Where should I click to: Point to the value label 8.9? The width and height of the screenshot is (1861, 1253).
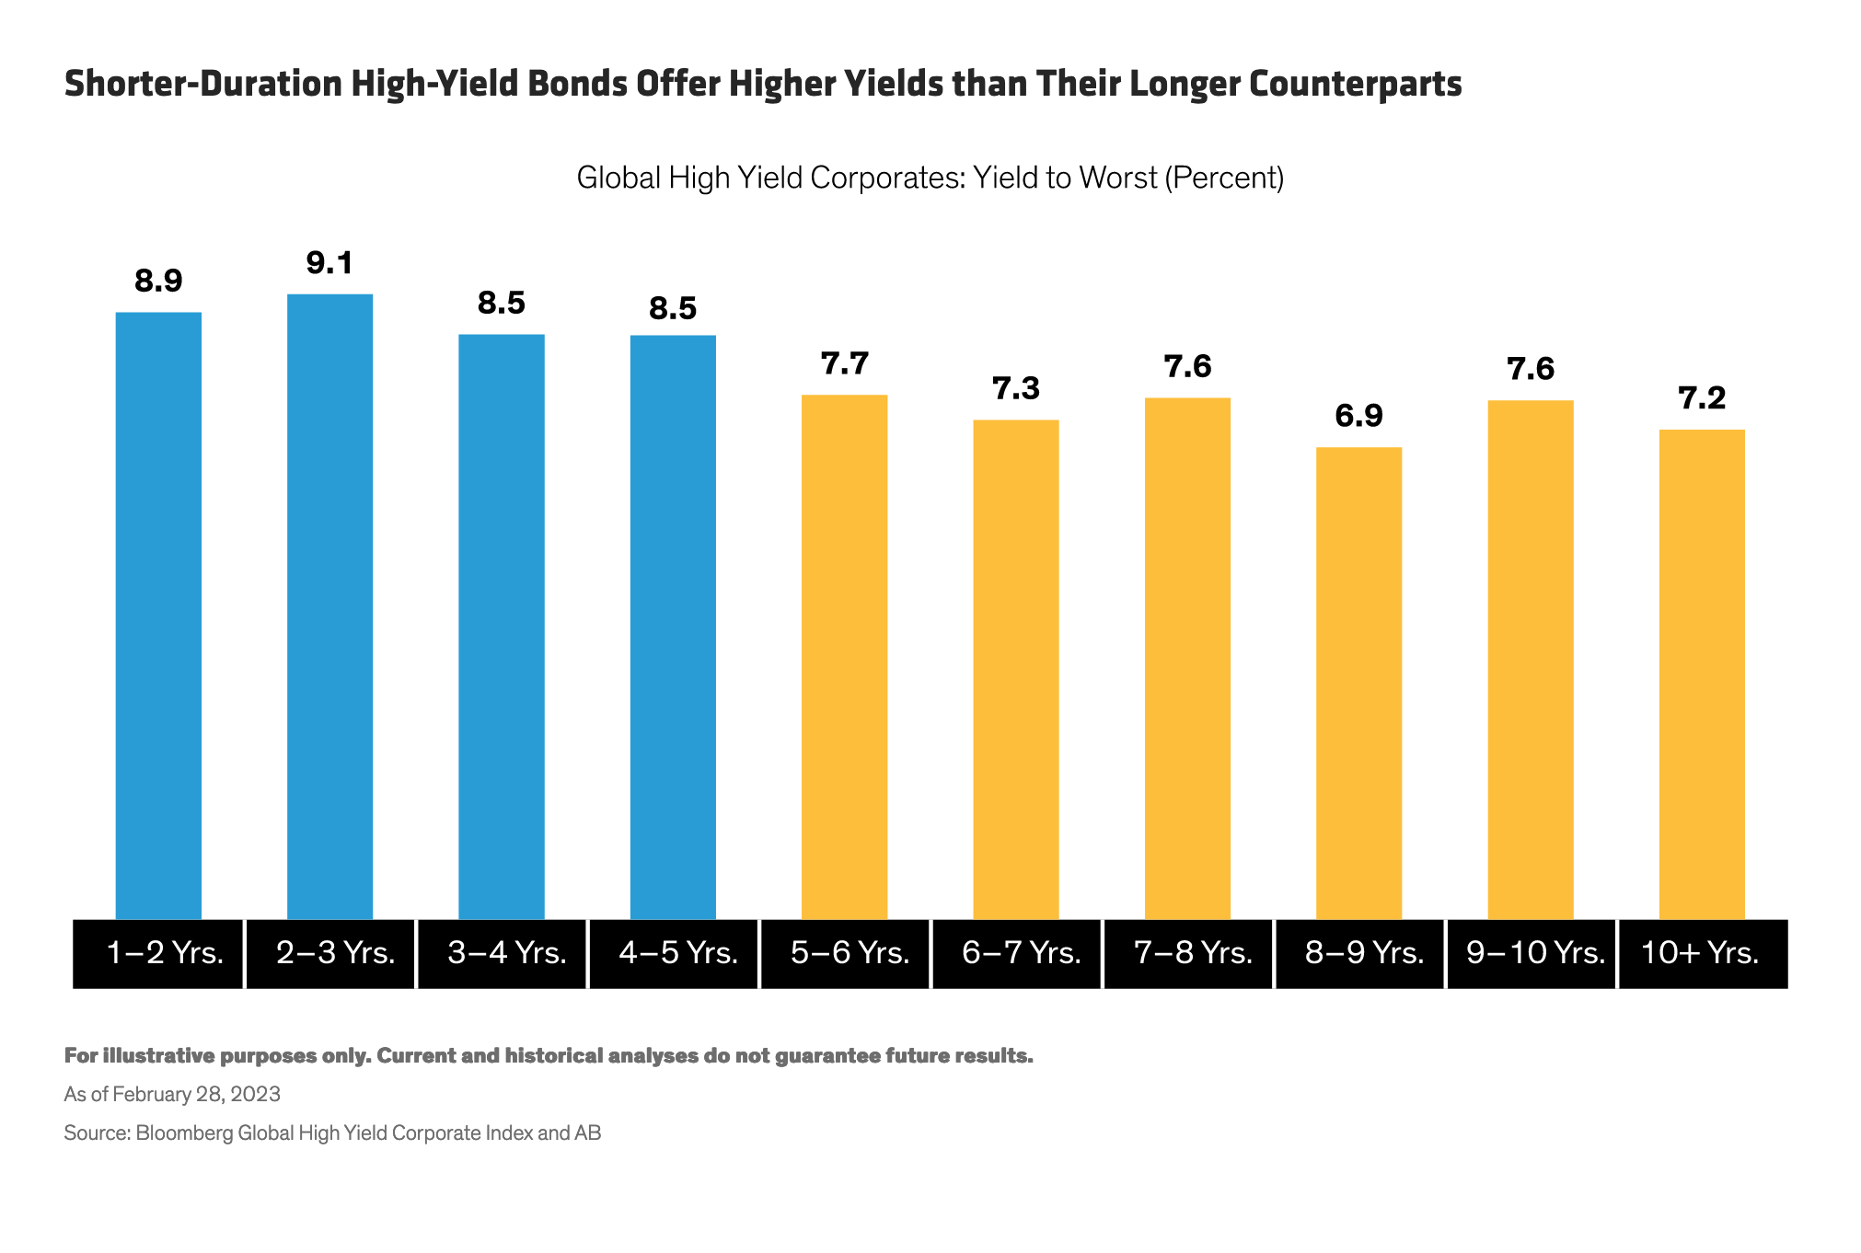pyautogui.click(x=158, y=281)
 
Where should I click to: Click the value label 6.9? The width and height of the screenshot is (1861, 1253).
pyautogui.click(x=1358, y=416)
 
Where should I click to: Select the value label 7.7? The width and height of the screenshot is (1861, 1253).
pyautogui.click(x=844, y=363)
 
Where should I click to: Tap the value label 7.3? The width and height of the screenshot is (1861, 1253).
pyautogui.click(x=1016, y=388)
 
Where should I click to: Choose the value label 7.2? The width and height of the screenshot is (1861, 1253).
pyautogui.click(x=1702, y=398)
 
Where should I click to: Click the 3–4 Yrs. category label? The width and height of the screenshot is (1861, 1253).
pyautogui.click(x=506, y=953)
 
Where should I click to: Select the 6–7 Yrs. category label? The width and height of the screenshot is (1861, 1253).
pyautogui.click(x=1021, y=953)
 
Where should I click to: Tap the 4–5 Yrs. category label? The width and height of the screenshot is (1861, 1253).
pyautogui.click(x=678, y=953)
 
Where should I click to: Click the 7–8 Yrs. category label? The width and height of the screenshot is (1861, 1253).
pyautogui.click(x=1193, y=953)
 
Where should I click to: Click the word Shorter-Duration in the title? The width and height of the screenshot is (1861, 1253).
pyautogui.click(x=202, y=84)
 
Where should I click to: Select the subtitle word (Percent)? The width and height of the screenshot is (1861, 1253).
pyautogui.click(x=1224, y=177)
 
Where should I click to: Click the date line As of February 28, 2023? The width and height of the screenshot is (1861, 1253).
pyautogui.click(x=172, y=1094)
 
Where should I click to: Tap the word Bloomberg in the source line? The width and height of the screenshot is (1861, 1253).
pyautogui.click(x=184, y=1132)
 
